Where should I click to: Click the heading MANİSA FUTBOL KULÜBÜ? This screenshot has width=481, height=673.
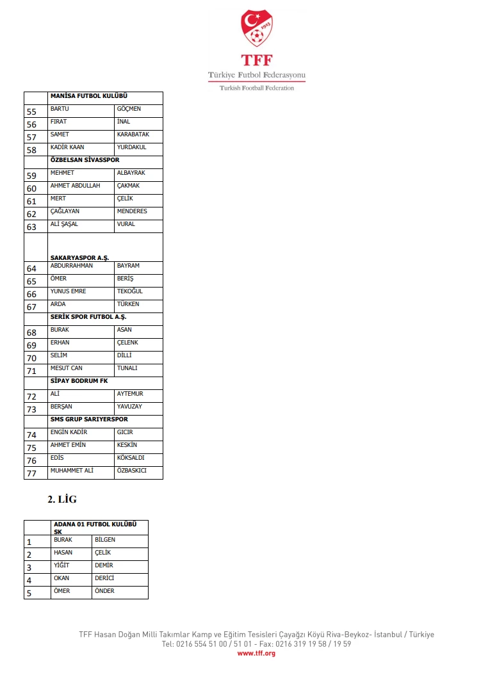coord(89,96)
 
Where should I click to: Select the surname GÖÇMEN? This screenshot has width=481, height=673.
coord(129,109)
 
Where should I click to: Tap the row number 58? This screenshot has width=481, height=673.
coord(31,150)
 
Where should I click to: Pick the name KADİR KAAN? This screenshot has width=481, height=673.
coord(67,147)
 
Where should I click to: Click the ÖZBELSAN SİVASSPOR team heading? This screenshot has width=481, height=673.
coord(85,160)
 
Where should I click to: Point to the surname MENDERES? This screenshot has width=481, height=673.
coord(132,211)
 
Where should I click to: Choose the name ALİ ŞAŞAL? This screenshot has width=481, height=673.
coord(64,224)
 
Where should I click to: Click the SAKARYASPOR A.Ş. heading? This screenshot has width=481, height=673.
coord(79,258)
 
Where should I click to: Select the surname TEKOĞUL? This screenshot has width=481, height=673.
coord(130,291)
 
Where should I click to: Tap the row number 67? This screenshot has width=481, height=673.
coord(31,307)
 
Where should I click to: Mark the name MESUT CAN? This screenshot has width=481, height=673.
coord(67,368)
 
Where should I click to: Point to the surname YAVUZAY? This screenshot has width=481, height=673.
coord(129,407)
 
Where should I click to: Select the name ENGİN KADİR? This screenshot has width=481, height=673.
coord(69,432)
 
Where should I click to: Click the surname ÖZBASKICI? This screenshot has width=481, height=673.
coord(132,471)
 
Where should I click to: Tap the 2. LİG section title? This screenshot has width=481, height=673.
coord(62,499)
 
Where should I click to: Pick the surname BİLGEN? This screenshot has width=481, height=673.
coord(105,540)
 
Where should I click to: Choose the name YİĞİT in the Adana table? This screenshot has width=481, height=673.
coord(61,565)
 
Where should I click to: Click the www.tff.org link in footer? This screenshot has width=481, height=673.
coord(256,653)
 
